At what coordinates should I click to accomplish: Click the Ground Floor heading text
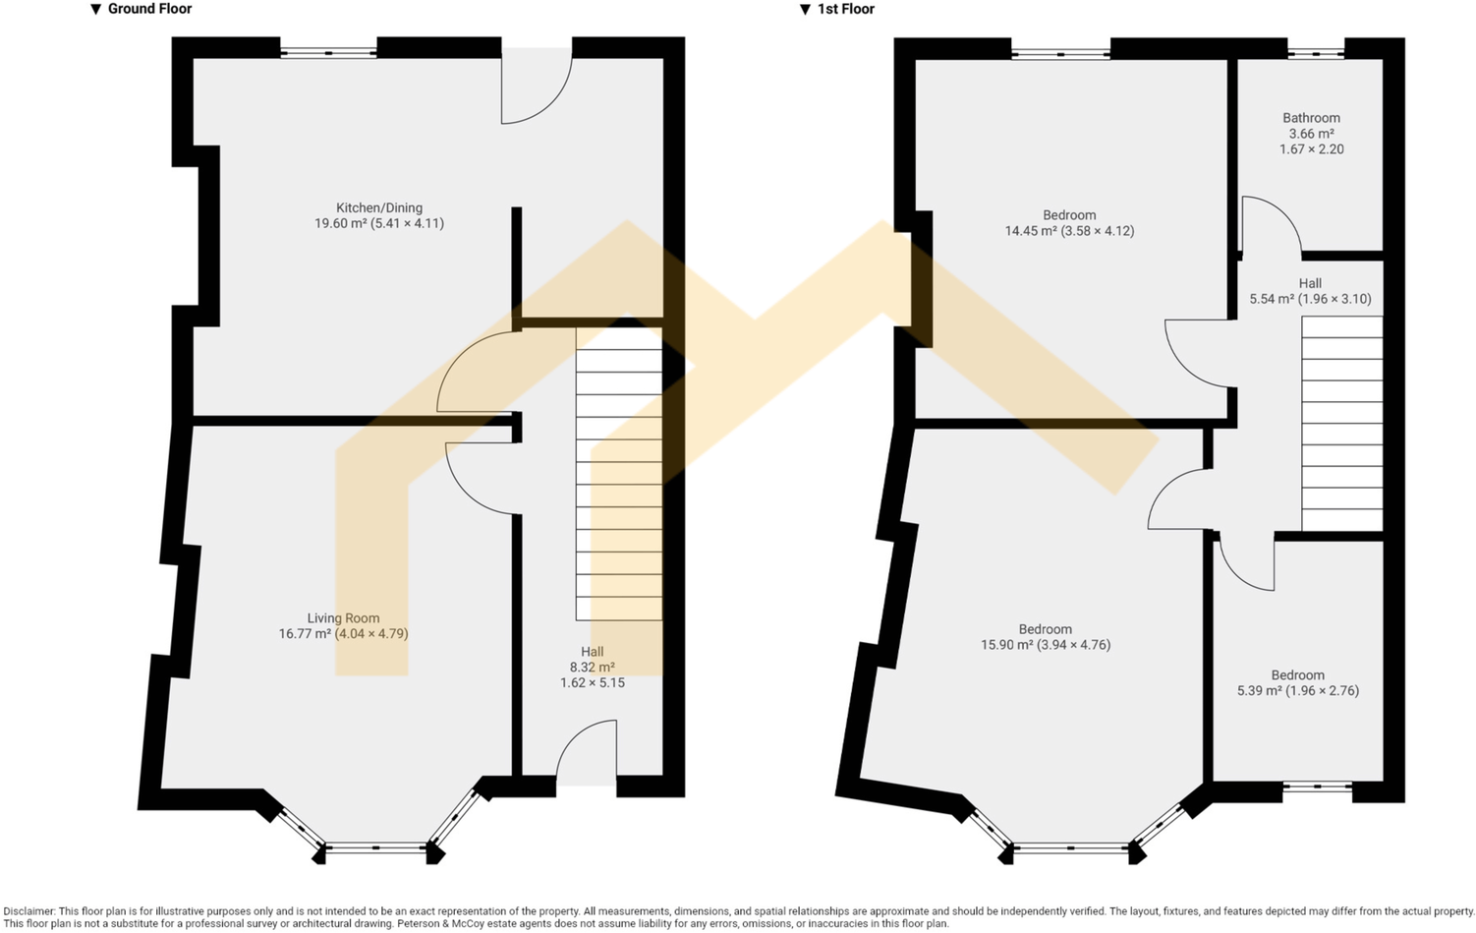pyautogui.click(x=148, y=9)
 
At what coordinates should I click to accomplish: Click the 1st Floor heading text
pyautogui.click(x=845, y=9)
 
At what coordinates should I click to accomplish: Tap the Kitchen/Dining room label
pyautogui.click(x=379, y=207)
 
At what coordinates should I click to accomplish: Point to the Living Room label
pyautogui.click(x=343, y=618)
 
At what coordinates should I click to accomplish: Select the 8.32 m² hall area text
pyautogui.click(x=592, y=667)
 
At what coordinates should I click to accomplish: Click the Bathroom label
pyautogui.click(x=1311, y=118)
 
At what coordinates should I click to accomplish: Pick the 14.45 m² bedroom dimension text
pyautogui.click(x=1069, y=231)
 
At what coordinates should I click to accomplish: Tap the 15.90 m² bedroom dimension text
pyautogui.click(x=1046, y=645)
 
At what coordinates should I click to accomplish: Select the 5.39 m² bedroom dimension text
pyautogui.click(x=1297, y=690)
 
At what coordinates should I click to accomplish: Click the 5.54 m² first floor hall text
pyautogui.click(x=1310, y=299)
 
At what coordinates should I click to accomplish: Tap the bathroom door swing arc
pyautogui.click(x=1271, y=226)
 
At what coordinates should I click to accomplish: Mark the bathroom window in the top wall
pyautogui.click(x=1315, y=53)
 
